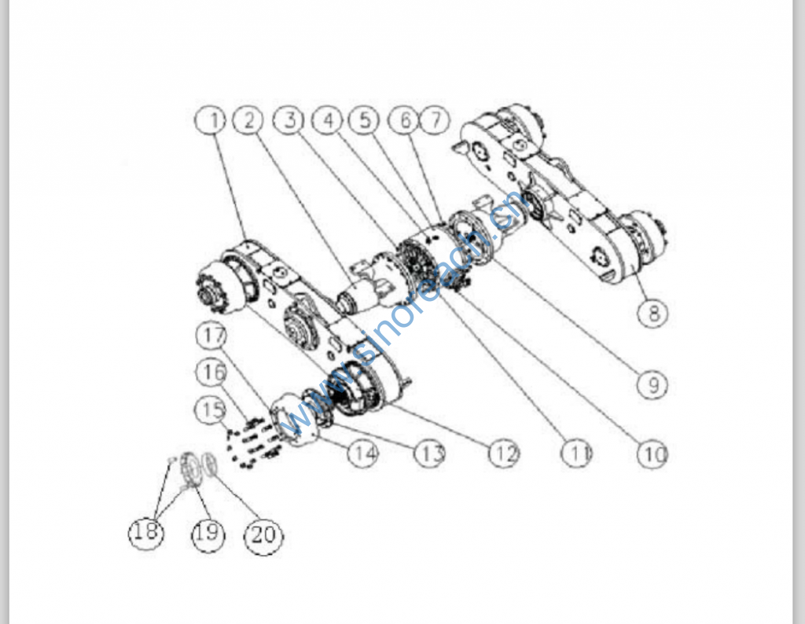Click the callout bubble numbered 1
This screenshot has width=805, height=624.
[211, 120]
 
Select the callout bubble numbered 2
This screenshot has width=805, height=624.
[248, 120]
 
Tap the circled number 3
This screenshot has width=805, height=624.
[289, 120]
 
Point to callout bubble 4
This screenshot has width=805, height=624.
[328, 120]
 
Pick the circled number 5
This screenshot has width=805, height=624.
[364, 120]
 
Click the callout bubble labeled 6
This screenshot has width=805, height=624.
[404, 120]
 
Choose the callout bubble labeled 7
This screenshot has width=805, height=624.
[435, 120]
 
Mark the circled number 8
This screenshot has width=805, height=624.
[653, 312]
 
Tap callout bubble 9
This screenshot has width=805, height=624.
[652, 384]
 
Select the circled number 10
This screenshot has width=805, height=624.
[652, 453]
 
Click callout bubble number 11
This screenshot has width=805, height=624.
[576, 453]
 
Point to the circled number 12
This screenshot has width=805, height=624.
[504, 453]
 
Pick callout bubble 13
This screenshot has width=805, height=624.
[430, 453]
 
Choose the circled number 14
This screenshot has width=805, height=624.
[363, 453]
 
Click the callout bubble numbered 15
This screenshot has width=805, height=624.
[211, 409]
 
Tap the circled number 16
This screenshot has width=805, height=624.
[212, 372]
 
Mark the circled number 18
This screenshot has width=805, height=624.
[146, 532]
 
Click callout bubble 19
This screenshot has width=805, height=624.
[208, 534]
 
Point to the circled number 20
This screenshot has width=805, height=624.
[263, 536]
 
